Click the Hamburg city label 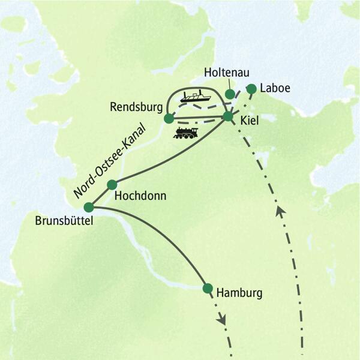click(x=239, y=294)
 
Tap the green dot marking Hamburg click(x=208, y=288)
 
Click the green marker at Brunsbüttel click(x=89, y=207)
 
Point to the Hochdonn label click(x=140, y=196)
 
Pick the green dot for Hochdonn click(x=111, y=185)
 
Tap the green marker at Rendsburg click(x=169, y=118)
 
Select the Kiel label click(x=249, y=120)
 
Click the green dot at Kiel click(x=227, y=116)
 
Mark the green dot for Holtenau click(x=229, y=94)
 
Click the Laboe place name click(x=276, y=88)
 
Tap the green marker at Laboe click(x=251, y=89)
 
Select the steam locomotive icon click(x=185, y=133)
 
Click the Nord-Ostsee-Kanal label click(x=109, y=159)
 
